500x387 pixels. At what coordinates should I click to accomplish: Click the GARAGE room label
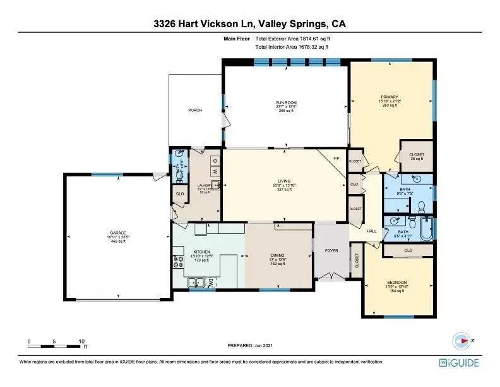(118, 233)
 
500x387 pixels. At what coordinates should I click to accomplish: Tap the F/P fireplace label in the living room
(336, 157)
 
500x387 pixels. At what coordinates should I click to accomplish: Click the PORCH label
(195, 110)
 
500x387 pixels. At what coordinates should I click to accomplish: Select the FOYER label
(331, 250)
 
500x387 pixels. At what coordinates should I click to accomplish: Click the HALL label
(371, 231)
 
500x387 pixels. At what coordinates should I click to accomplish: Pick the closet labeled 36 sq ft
(417, 157)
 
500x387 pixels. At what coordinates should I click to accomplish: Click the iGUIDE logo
(459, 362)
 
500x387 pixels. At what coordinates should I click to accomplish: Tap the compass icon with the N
(464, 340)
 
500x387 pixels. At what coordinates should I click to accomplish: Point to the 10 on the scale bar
(81, 341)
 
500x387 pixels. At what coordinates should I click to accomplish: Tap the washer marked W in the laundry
(214, 171)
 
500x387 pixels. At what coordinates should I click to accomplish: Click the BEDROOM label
(397, 282)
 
